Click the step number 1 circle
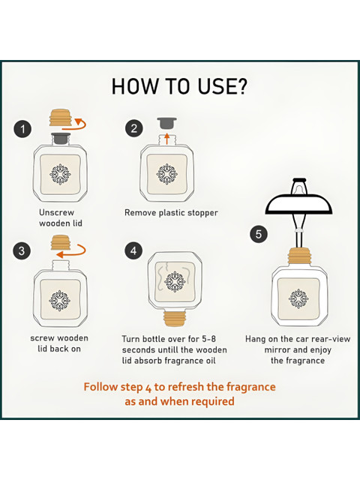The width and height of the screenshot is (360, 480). [22, 129]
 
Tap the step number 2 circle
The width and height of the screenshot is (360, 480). [133, 128]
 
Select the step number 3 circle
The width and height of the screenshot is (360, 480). [22, 251]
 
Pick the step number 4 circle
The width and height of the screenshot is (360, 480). [133, 250]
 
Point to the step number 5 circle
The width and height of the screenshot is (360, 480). [259, 234]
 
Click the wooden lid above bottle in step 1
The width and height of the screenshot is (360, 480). [61, 118]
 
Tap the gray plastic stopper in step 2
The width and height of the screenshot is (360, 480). [166, 123]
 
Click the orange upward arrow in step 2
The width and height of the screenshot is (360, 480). [166, 138]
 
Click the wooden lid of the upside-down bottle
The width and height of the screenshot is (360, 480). [174, 318]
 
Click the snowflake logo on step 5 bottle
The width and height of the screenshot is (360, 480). [298, 298]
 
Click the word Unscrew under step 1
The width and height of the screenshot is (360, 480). [57, 212]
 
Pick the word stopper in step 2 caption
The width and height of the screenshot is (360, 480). [202, 213]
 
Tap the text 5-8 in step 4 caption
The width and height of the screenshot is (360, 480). [208, 339]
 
